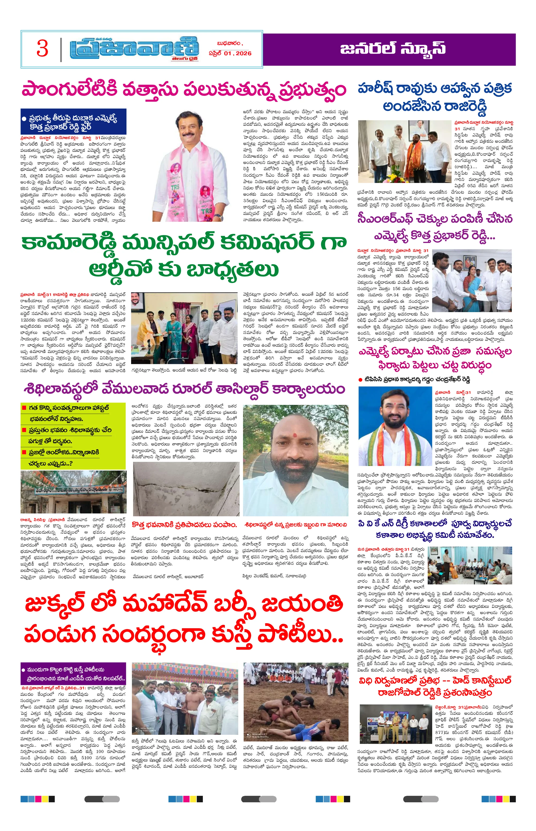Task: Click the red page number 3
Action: click(42, 49)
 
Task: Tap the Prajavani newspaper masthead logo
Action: click(134, 49)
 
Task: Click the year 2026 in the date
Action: click(243, 54)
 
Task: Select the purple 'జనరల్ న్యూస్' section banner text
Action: click(393, 49)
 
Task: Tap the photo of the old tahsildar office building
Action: click(73, 492)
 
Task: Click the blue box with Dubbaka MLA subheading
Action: click(73, 122)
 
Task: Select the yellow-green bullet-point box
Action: click(73, 435)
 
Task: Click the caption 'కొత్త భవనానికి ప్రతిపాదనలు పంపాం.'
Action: click(184, 525)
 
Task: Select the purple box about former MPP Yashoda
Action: click(73, 674)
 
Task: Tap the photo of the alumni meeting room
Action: click(470, 565)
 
